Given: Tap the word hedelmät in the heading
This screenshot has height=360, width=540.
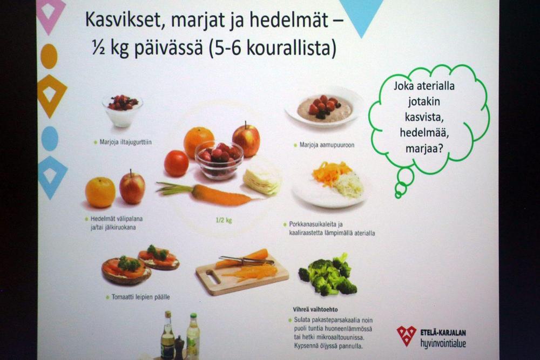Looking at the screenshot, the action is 288,19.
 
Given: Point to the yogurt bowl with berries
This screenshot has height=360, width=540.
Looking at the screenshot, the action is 122,110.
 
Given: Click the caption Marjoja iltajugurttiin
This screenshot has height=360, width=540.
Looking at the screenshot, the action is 125,142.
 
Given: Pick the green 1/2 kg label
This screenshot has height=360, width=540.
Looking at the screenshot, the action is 224,220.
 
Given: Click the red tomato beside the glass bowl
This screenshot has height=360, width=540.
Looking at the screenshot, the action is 176,163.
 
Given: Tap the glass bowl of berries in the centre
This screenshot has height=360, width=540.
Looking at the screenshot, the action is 219,160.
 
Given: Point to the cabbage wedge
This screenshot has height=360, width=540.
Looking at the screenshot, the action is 262,181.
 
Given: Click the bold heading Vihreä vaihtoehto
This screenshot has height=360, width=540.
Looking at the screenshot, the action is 315,309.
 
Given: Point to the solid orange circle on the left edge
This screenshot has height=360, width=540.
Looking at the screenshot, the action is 49,56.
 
